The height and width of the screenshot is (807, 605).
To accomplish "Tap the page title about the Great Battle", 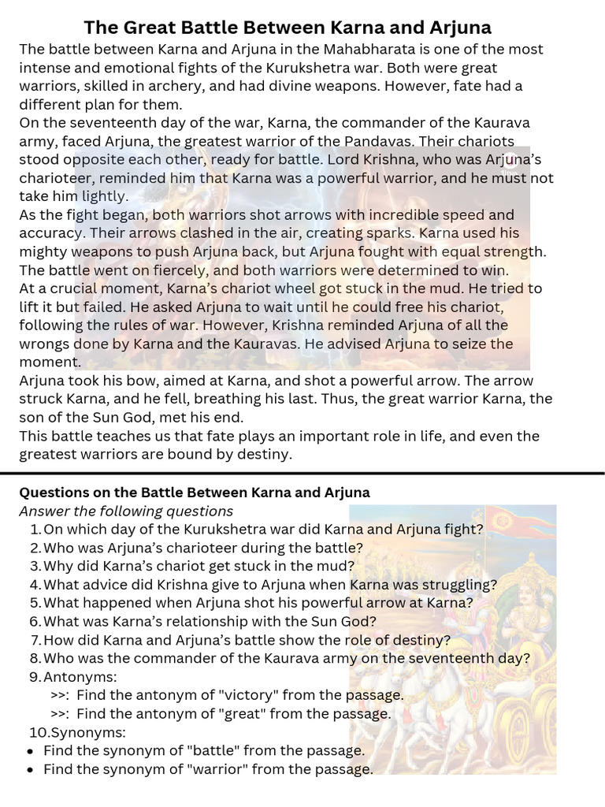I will pos(288,28).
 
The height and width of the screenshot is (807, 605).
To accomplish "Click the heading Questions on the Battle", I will pos(194,493).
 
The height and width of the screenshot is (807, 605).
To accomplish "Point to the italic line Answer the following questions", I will pos(126,511).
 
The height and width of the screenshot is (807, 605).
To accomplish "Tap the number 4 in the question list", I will pos(35,584).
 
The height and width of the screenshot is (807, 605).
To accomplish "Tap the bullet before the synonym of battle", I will pos(30,751).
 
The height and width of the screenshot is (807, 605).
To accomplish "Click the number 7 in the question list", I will pos(35,640).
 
